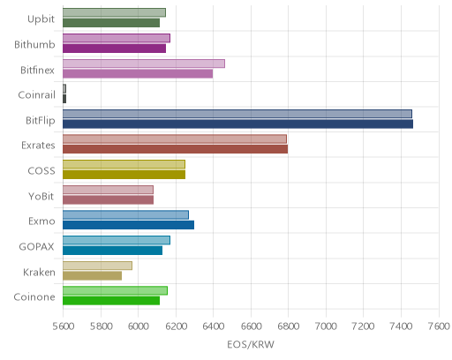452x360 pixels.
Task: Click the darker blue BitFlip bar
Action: [x=237, y=124]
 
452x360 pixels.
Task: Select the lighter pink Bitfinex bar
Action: [x=144, y=64]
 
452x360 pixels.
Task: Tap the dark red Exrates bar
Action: [x=176, y=149]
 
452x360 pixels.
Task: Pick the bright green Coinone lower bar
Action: [x=111, y=301]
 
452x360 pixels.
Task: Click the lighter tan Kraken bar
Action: [x=97, y=266]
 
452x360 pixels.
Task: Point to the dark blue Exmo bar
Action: [x=128, y=225]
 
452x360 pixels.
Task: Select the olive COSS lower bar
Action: [x=124, y=175]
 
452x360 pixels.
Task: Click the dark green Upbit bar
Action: [x=111, y=23]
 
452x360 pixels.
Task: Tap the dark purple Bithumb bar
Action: [x=114, y=49]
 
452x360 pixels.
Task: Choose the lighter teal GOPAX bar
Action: [x=117, y=240]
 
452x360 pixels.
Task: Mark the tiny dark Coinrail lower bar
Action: [x=64, y=99]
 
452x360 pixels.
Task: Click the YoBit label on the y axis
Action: [x=41, y=196]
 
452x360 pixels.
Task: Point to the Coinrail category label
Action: [x=37, y=95]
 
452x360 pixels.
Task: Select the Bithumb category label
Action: [x=34, y=44]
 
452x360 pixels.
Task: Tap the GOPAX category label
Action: [x=37, y=246]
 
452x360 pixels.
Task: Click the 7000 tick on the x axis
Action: [x=326, y=326]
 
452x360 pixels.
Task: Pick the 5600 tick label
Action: [x=64, y=326]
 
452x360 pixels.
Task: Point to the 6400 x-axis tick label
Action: [x=214, y=326]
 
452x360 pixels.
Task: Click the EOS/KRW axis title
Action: [x=251, y=344]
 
